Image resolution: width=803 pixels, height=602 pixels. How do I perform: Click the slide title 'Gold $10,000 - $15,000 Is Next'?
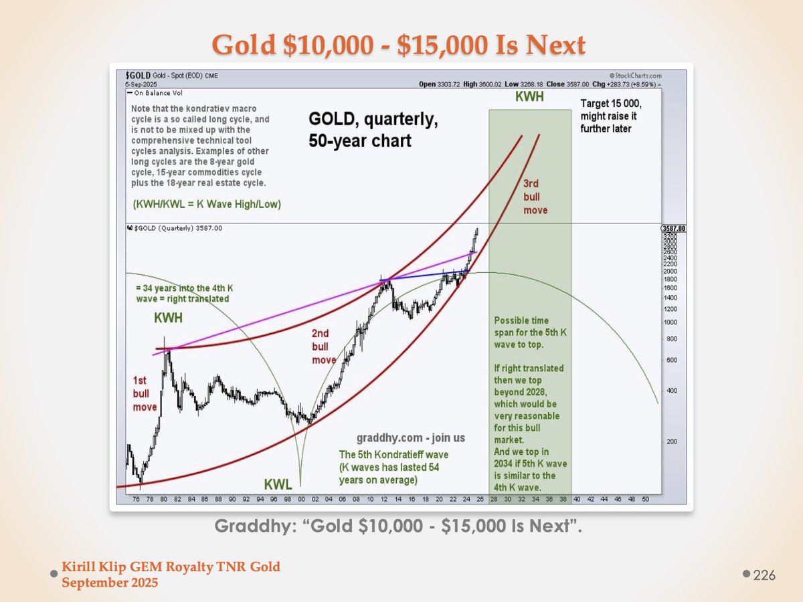[x=399, y=44]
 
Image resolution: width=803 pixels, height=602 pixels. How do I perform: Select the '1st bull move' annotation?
[x=145, y=393]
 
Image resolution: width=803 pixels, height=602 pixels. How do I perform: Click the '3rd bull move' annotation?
[x=535, y=196]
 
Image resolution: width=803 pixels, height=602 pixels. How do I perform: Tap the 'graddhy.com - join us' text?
[x=411, y=438]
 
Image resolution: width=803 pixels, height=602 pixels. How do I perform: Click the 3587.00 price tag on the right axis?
[x=673, y=228]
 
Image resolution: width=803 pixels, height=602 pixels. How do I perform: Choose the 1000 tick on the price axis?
[x=669, y=322]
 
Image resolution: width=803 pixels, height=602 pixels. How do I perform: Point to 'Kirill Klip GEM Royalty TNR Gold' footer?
[x=171, y=567]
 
